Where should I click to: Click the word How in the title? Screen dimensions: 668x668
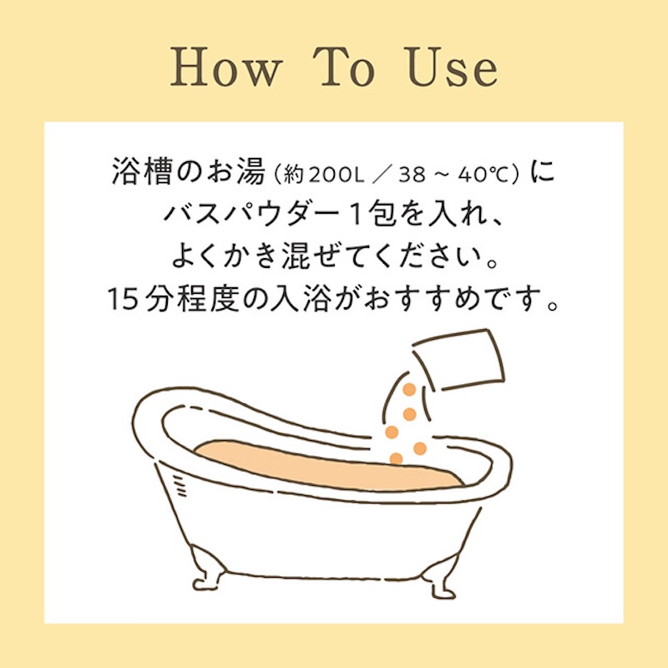226,67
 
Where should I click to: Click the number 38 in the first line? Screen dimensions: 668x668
412,175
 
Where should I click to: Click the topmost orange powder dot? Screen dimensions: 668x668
409,389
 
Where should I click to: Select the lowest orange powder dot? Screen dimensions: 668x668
396,458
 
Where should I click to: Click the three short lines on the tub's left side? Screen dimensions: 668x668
180,486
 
